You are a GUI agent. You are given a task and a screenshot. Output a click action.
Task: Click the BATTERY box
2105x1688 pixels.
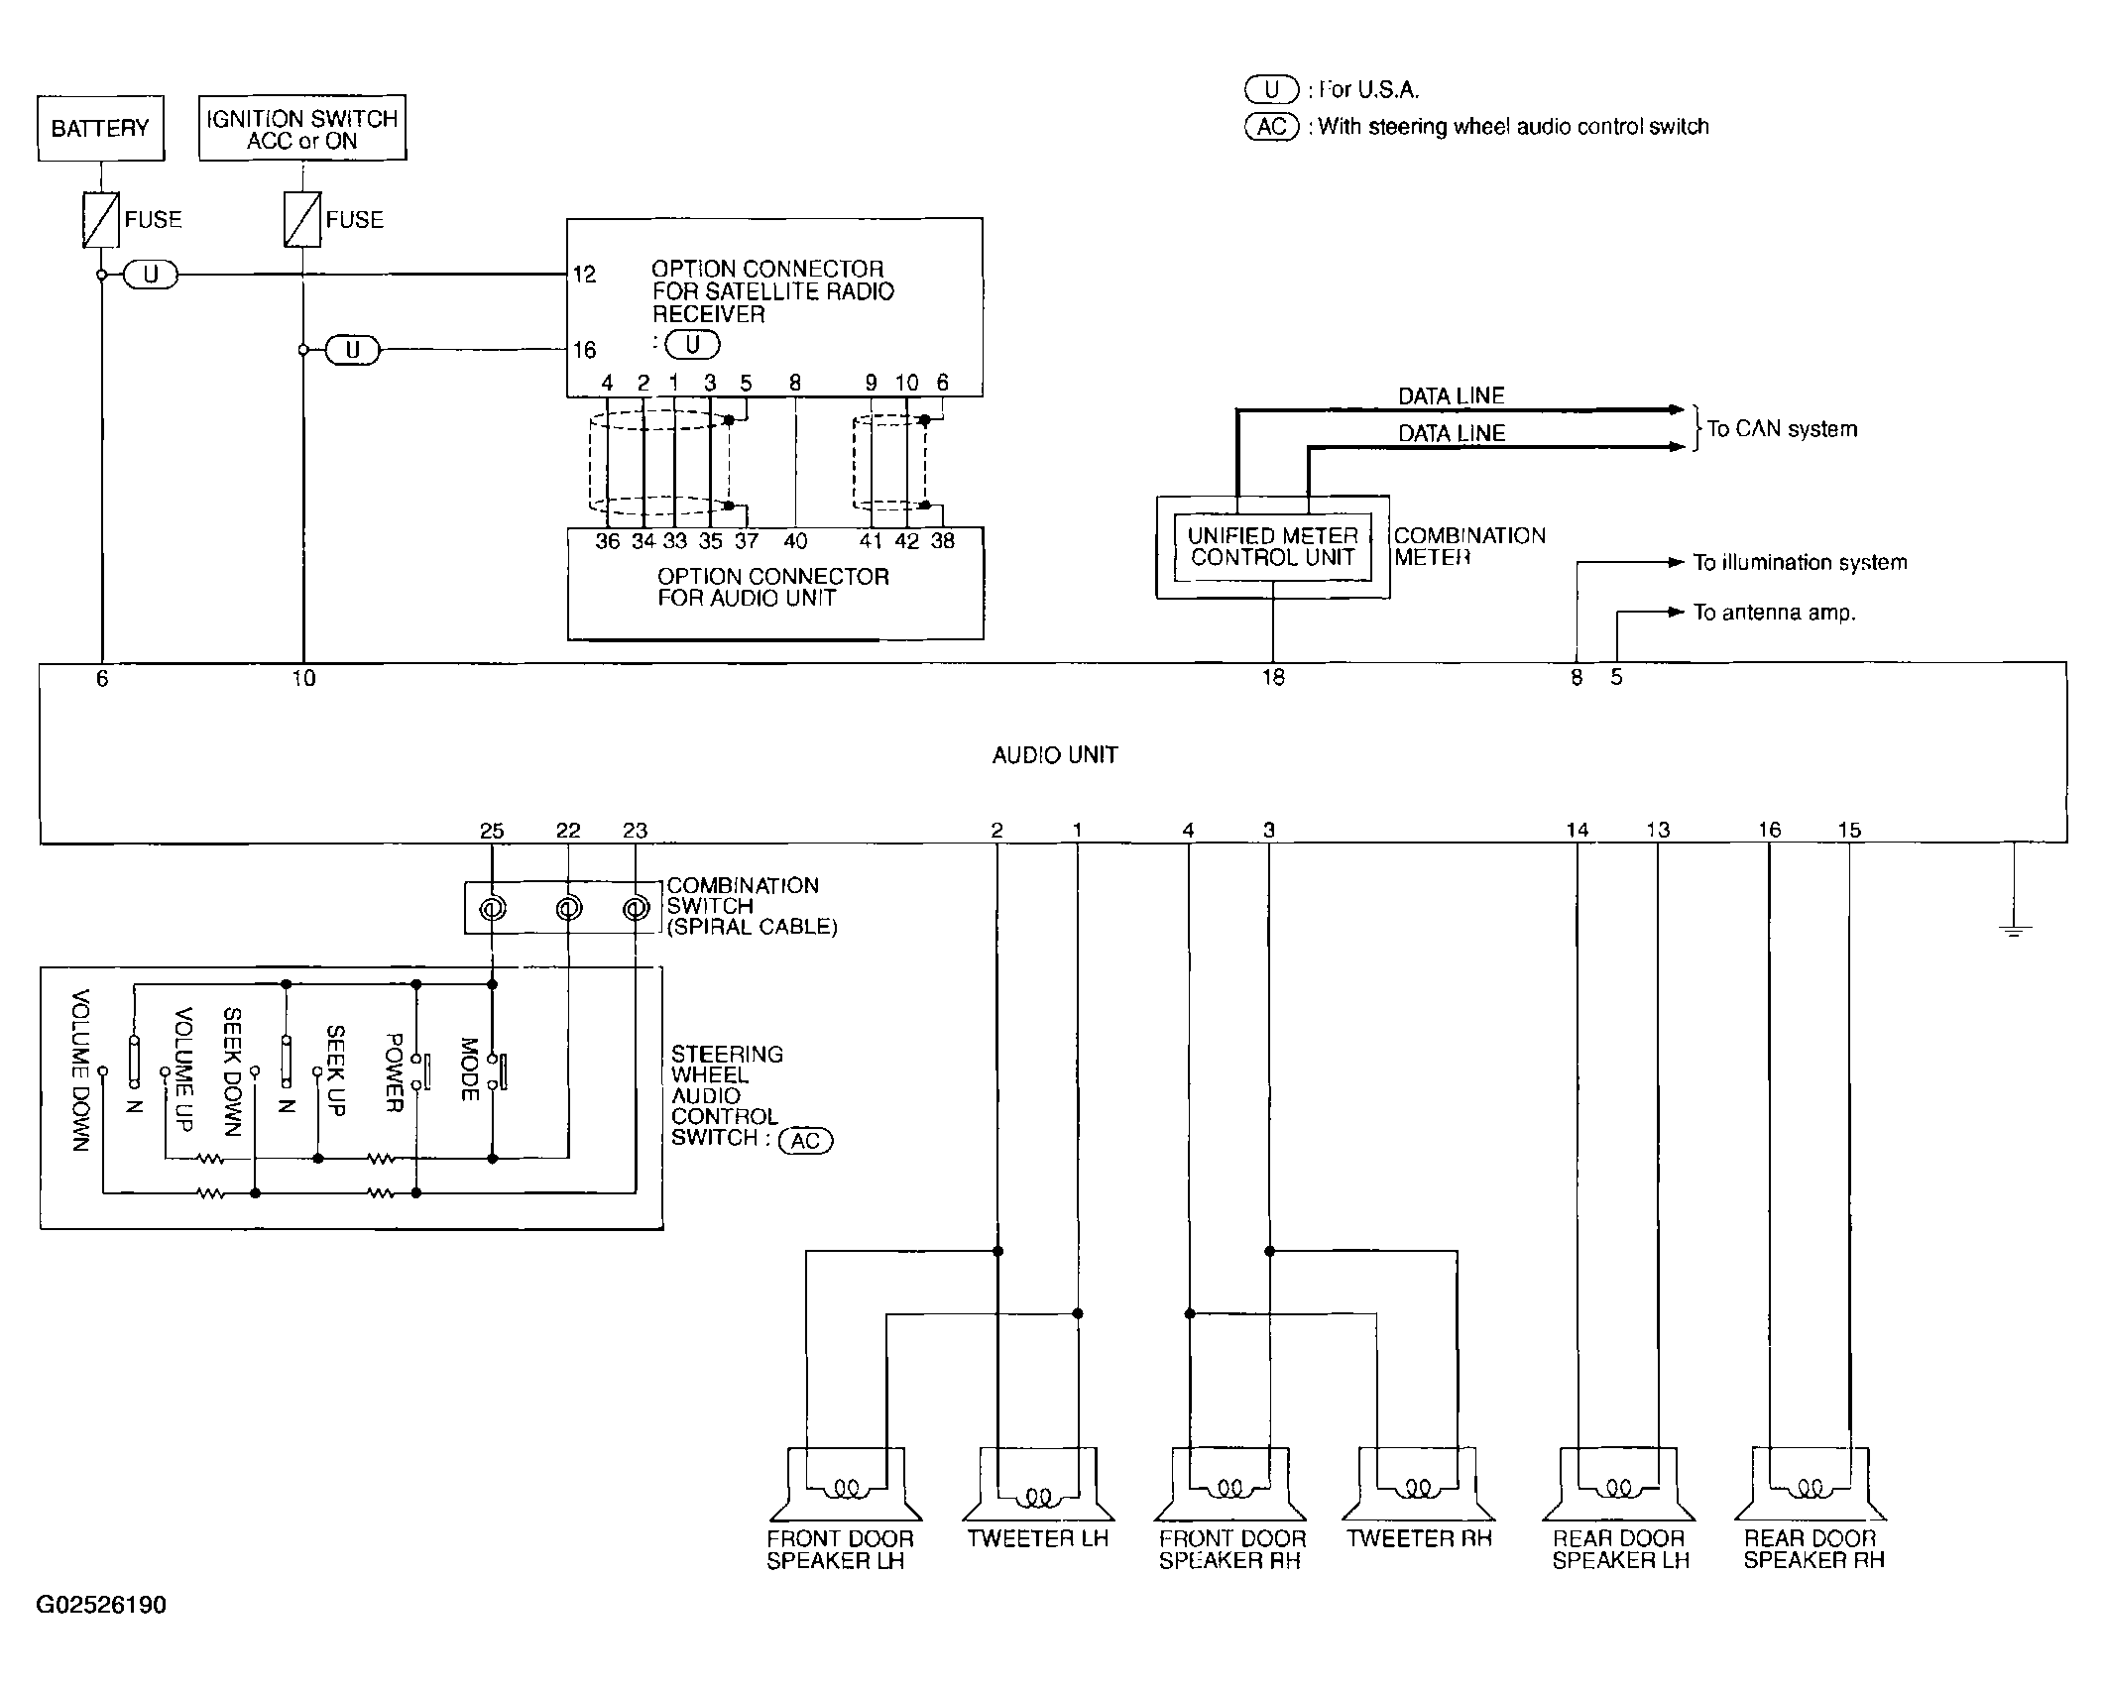(x=101, y=128)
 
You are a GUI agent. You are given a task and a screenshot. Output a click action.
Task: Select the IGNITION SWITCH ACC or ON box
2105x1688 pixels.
(x=302, y=128)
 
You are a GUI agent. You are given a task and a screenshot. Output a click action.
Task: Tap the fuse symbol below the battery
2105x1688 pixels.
(x=101, y=219)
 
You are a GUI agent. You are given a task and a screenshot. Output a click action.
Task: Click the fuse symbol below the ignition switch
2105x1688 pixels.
(x=302, y=219)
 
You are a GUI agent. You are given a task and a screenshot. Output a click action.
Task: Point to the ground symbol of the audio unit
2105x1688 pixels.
(x=2014, y=930)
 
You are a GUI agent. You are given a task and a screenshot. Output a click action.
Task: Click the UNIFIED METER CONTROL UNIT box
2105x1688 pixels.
(x=1273, y=546)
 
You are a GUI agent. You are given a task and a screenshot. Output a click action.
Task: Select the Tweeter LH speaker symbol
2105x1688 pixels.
(x=1038, y=1484)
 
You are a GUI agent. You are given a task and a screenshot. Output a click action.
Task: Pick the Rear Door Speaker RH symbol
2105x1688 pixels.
(x=1811, y=1484)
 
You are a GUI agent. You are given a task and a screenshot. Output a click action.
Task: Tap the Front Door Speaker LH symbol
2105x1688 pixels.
(x=846, y=1484)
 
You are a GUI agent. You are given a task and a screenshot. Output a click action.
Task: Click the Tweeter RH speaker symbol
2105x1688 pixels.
(x=1418, y=1484)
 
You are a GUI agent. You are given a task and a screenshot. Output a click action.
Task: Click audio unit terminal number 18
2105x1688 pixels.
(x=1273, y=678)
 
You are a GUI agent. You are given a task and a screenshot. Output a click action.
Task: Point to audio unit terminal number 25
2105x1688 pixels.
(x=492, y=831)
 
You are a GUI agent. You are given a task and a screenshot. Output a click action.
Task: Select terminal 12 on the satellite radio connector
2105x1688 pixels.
(x=585, y=275)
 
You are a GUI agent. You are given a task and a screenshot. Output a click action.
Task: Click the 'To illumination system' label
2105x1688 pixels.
(x=1800, y=563)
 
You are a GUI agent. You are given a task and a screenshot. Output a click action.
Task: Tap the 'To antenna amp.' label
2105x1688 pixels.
(x=1774, y=613)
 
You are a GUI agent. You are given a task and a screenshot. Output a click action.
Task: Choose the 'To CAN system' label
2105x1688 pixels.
(x=1782, y=429)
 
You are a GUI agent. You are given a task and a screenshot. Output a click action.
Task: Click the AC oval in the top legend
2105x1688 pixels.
(x=1272, y=127)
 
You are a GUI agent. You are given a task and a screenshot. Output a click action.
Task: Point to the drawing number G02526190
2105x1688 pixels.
(x=101, y=1605)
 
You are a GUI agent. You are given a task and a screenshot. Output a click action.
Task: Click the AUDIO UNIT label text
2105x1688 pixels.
(x=1055, y=755)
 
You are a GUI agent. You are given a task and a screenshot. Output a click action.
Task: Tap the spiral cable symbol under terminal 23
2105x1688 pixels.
(x=636, y=908)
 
